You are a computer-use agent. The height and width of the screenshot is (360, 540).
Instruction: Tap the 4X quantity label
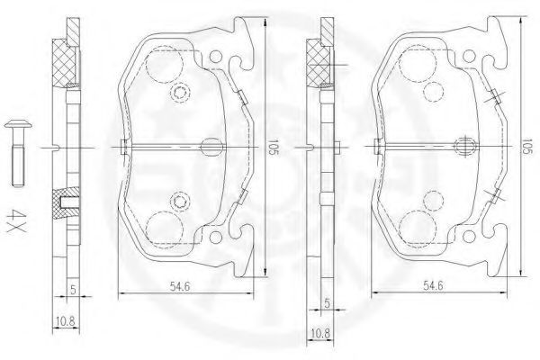16,220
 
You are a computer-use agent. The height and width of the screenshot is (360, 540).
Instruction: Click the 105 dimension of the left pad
273,147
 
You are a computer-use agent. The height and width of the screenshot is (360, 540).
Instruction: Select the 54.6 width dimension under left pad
180,285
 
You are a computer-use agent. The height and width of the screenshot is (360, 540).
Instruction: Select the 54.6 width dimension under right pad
433,285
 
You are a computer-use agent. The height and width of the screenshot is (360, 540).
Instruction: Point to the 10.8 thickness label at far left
65,322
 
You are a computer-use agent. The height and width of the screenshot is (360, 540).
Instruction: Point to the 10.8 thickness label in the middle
319,334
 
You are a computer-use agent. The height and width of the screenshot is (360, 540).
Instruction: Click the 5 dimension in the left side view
73,290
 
